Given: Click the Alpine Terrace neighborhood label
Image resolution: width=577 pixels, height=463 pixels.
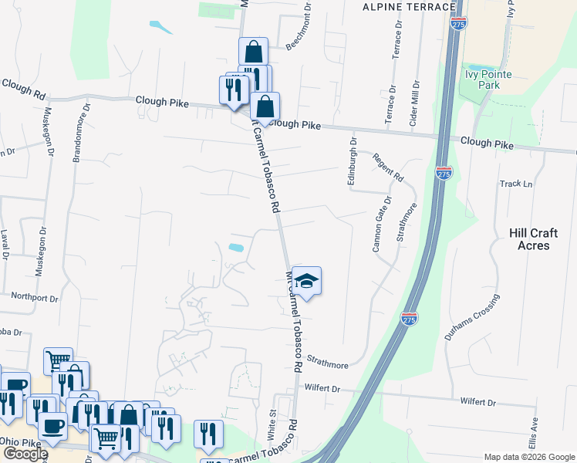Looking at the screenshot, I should click(x=410, y=7).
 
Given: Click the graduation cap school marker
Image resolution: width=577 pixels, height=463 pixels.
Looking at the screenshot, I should click(x=306, y=282).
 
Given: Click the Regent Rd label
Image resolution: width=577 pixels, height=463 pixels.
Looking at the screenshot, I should click(x=388, y=167).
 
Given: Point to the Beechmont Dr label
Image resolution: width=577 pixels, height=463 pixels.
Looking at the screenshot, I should click(x=298, y=27).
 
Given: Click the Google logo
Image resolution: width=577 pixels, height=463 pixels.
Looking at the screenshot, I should click(x=25, y=454).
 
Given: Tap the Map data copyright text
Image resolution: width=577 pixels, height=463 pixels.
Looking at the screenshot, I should click(x=529, y=457).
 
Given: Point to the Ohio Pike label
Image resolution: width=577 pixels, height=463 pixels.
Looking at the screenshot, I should click(x=19, y=441).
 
